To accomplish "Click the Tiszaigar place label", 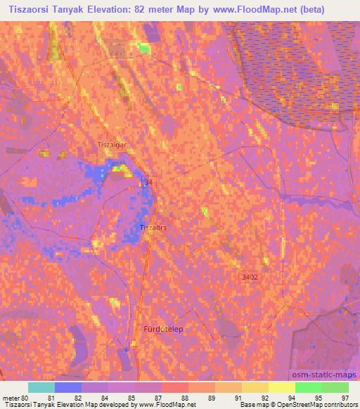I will click(x=112, y=144).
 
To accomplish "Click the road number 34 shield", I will click(x=148, y=182).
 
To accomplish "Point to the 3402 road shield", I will click(x=250, y=278).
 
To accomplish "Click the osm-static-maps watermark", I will click(x=326, y=375).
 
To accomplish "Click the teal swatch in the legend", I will click(x=41, y=387).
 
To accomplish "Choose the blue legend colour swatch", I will click(x=68, y=387).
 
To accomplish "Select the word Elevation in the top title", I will click(x=117, y=9).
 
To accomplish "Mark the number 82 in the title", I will click(x=150, y=9).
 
